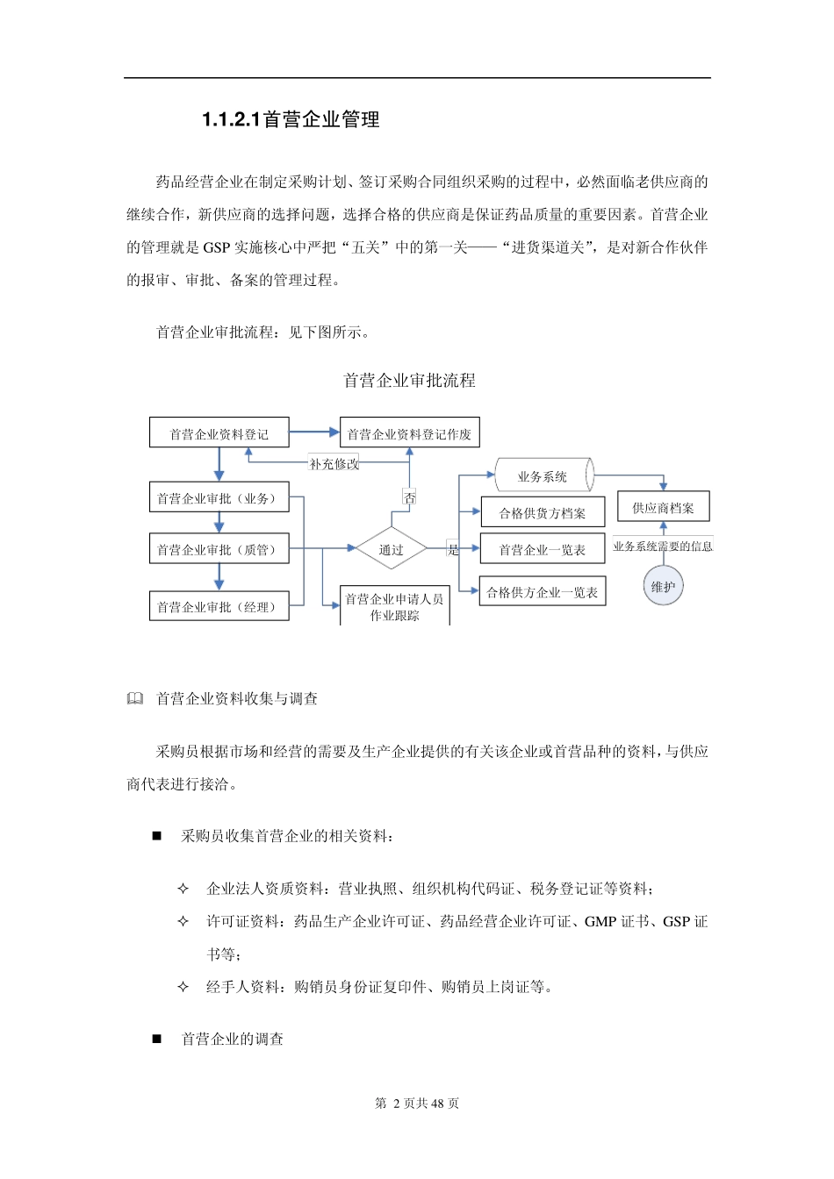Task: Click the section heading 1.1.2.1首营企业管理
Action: [291, 119]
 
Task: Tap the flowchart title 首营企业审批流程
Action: [409, 381]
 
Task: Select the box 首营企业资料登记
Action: [219, 433]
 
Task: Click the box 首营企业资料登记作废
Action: [409, 433]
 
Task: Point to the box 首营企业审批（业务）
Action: [219, 498]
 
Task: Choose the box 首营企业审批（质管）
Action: [219, 549]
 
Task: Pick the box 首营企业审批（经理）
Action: [219, 606]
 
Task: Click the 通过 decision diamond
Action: [392, 550]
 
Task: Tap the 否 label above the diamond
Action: [409, 497]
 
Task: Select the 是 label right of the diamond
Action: [453, 550]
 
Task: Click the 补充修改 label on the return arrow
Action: [334, 464]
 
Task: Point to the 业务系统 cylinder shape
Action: [543, 476]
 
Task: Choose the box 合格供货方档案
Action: [543, 513]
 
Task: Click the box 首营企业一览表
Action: [543, 549]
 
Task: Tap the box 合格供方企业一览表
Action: [543, 592]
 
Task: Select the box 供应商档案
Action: [663, 507]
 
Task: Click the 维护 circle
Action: [663, 587]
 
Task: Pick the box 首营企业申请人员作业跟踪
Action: [394, 606]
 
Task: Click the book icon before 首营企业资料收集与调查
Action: [134, 699]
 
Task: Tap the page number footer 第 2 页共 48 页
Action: [417, 1104]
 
